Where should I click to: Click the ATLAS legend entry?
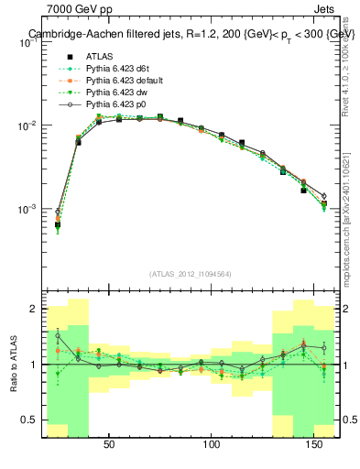tap(100, 56)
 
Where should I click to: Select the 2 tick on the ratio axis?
tap(36, 310)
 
